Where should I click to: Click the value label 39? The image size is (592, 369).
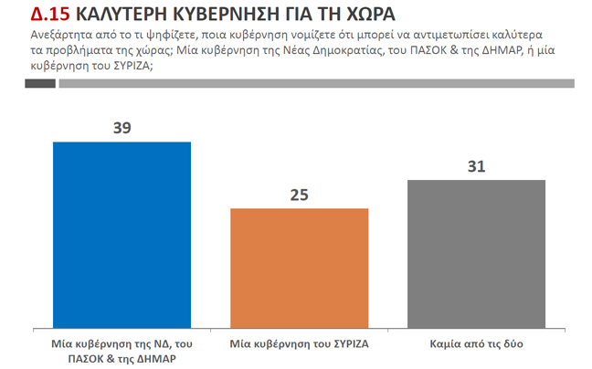tap(122, 128)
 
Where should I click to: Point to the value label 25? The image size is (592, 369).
tap(299, 195)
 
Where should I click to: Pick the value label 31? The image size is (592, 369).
tap(476, 165)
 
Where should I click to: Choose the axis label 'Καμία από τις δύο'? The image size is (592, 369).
tap(476, 346)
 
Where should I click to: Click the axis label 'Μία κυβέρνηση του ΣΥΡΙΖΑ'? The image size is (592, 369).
tap(299, 346)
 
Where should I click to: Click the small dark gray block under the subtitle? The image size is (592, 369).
tap(39, 84)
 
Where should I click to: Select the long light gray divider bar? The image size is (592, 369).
tap(315, 84)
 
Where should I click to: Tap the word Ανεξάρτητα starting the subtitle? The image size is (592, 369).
tap(43, 35)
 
